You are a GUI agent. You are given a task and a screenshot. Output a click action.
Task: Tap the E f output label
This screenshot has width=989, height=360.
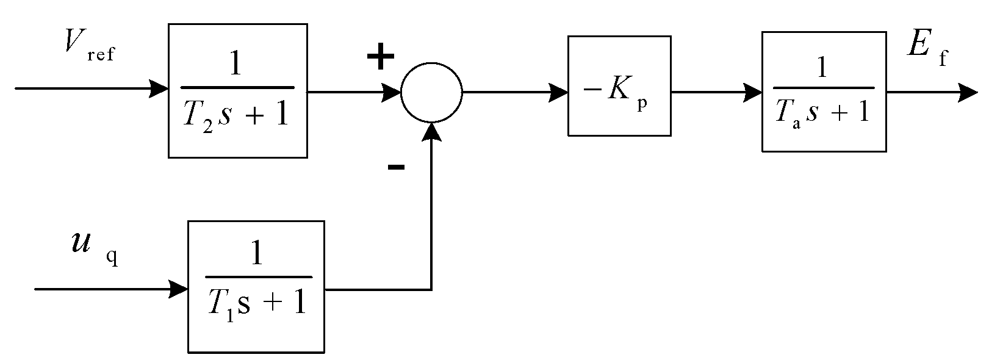926,48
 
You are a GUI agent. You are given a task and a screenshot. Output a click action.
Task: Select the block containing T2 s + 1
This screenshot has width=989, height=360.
237,91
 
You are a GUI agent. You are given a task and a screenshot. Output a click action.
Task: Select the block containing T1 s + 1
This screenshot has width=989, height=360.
256,287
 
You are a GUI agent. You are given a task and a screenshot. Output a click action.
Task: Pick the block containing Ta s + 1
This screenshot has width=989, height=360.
824,92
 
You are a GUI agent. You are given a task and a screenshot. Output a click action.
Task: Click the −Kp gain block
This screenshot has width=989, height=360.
619,85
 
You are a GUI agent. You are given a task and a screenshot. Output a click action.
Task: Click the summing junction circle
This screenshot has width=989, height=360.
431,93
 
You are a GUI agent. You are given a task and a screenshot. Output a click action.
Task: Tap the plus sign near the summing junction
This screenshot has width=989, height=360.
381,58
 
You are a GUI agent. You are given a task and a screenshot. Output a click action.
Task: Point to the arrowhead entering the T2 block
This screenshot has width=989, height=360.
160,88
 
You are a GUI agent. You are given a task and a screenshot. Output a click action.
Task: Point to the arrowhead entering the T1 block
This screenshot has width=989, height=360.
179,289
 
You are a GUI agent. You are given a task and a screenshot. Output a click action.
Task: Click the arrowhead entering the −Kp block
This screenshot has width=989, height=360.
559,93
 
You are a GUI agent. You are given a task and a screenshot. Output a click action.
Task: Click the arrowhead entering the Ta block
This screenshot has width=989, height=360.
753,93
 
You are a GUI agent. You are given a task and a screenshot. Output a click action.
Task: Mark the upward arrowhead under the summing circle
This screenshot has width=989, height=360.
431,131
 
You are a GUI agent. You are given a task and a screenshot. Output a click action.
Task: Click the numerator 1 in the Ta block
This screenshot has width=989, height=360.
822,68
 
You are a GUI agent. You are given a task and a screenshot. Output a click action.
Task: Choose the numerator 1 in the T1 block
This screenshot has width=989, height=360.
257,255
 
